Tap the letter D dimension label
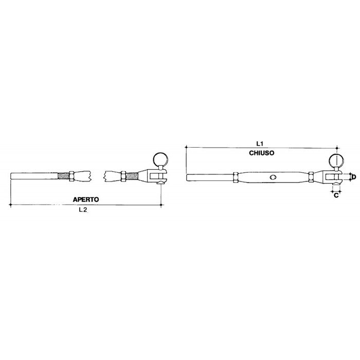click(x=353, y=177)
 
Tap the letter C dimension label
click(x=336, y=195)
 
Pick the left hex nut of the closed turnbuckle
click(x=235, y=177)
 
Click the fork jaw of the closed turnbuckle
click(x=332, y=177)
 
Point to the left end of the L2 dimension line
click(x=11, y=205)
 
